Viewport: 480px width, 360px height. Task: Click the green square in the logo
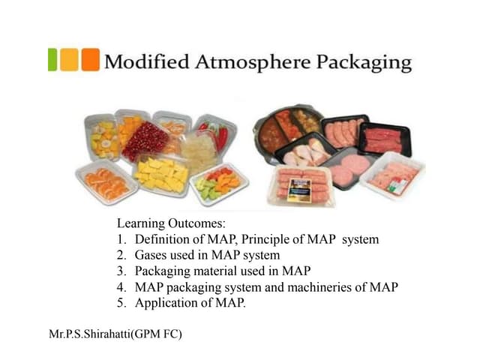(52, 59)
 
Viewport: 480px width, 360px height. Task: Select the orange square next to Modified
(90, 59)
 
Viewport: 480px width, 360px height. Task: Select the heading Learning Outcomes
(171, 223)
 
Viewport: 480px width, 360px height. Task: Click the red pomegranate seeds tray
(147, 142)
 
